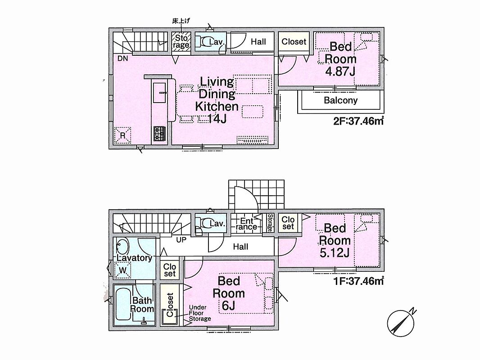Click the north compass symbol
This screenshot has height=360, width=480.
(x=401, y=323)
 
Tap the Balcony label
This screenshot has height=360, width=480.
(x=341, y=100)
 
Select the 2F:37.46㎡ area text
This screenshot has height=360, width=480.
(x=358, y=121)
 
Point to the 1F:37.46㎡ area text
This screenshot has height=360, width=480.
(x=359, y=281)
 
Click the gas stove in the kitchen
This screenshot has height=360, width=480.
(x=159, y=134)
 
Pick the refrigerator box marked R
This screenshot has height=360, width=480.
(x=123, y=135)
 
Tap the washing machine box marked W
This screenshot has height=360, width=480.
(x=122, y=270)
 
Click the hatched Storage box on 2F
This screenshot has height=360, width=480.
(x=181, y=41)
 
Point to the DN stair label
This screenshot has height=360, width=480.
(x=123, y=58)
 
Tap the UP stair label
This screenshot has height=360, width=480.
(x=181, y=240)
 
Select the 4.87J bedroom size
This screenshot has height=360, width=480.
(x=340, y=71)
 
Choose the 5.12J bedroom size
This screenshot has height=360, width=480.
(x=335, y=253)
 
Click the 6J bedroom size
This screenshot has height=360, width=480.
(x=229, y=305)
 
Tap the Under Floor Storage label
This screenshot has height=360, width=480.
(x=199, y=313)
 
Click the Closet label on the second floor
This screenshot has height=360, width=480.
(x=294, y=41)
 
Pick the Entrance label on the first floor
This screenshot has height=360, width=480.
(x=246, y=224)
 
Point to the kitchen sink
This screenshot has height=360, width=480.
(x=159, y=93)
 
